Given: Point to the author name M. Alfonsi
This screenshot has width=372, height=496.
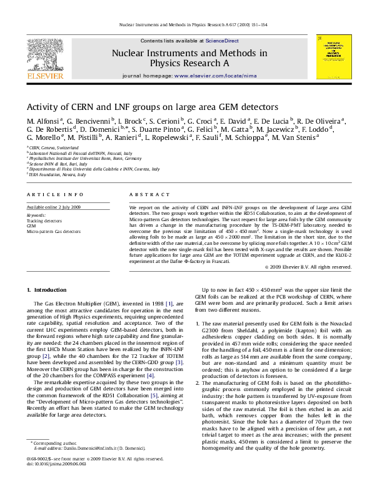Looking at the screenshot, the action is point(43,121).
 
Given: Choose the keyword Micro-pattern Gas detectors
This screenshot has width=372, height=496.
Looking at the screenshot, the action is point(53,231).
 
